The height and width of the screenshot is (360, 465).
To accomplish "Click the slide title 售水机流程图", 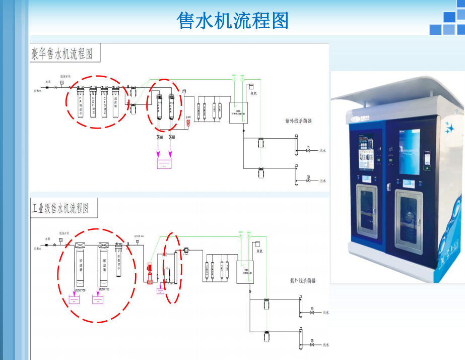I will pos(232,21).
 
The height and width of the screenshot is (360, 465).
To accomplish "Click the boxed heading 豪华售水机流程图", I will pos(62,54).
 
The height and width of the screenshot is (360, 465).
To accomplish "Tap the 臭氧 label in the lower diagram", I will pos(260,251).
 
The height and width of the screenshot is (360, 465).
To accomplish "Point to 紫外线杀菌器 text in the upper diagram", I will pos(299,122).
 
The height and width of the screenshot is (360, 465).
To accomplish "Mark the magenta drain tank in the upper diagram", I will pos(164,163).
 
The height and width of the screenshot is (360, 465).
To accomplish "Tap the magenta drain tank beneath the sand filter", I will pos(74,299).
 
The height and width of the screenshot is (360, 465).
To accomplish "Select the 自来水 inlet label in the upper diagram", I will pos(37,91).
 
